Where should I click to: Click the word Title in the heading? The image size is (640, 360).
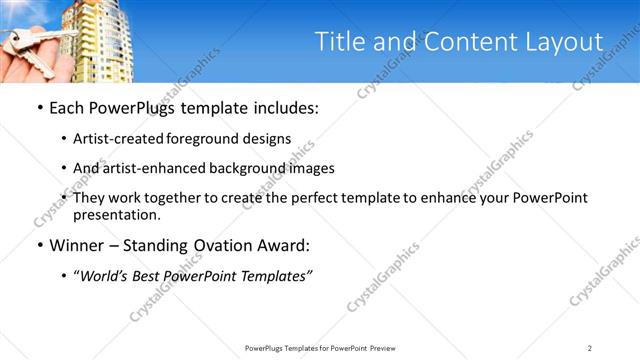click(x=340, y=42)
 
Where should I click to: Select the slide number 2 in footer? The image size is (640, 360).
click(x=590, y=347)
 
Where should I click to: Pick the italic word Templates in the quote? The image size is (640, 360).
click(x=276, y=276)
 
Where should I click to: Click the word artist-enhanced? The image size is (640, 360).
click(x=157, y=168)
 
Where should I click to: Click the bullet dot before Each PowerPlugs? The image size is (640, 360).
click(x=39, y=108)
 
